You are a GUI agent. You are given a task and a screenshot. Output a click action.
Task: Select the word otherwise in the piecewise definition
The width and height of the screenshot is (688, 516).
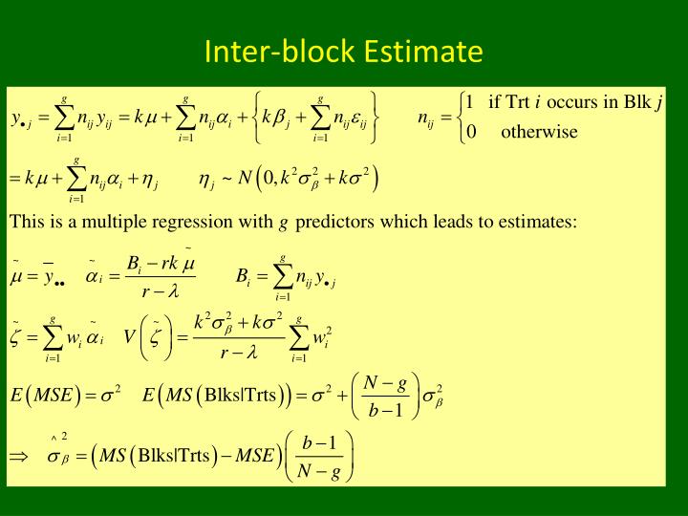click(539, 132)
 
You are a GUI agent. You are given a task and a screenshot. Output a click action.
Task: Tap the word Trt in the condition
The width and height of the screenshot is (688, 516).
click(517, 103)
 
